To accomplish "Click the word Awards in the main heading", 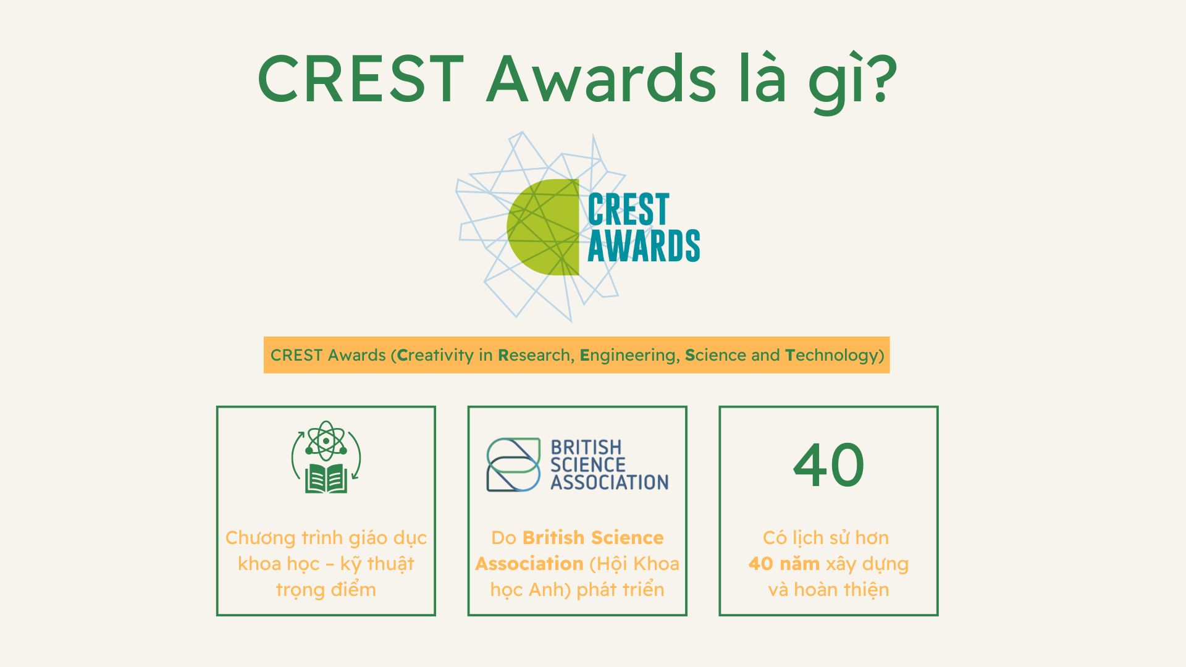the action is (601, 78).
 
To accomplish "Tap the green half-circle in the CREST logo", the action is (543, 227).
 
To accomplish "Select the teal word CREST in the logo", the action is (628, 209).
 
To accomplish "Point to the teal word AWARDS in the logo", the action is (644, 245).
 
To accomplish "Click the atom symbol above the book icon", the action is (326, 441).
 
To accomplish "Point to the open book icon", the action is (326, 479).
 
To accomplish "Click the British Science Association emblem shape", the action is (513, 464).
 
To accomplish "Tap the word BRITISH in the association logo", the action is (586, 447).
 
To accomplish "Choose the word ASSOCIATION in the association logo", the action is (610, 482).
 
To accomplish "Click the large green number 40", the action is (828, 464).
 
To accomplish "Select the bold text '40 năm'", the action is (784, 563).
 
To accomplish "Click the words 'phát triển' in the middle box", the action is (620, 590).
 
